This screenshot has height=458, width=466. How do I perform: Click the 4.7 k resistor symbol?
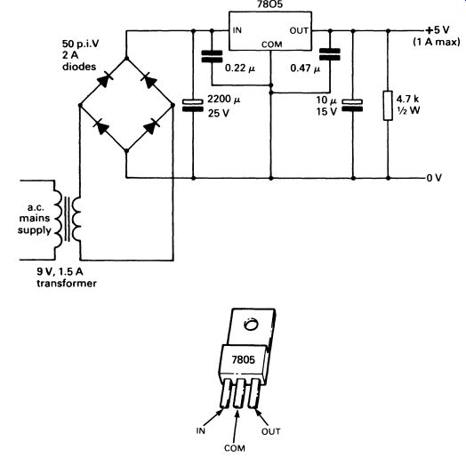[388, 106]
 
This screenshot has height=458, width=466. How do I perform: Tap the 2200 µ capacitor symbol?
[193, 106]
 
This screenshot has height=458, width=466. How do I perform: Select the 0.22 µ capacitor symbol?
[212, 56]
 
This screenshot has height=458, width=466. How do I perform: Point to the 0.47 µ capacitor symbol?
[330, 54]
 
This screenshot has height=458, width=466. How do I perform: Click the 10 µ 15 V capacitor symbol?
[352, 106]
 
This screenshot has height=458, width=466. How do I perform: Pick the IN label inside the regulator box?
[237, 30]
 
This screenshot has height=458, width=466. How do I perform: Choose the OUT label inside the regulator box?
[299, 30]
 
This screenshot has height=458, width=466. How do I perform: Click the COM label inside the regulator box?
[271, 44]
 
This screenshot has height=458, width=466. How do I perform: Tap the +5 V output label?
[438, 30]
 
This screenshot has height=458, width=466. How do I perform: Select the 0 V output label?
[434, 178]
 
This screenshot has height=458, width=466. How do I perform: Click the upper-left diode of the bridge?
[104, 80]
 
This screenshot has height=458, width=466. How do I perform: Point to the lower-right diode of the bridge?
[150, 127]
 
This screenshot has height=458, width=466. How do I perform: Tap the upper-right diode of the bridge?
[149, 81]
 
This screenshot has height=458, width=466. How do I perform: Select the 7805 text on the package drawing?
[244, 359]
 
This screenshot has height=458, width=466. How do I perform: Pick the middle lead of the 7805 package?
[239, 393]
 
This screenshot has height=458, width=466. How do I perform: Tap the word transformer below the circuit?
[67, 283]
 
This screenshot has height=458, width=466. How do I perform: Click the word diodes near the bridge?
[79, 67]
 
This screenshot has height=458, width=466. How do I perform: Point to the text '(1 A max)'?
[437, 42]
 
